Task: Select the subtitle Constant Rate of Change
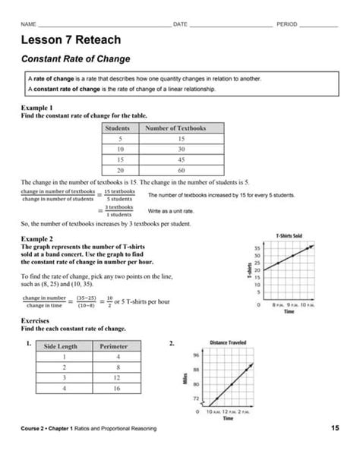pyautogui.click(x=75, y=58)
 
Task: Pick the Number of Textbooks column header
pyautogui.click(x=181, y=129)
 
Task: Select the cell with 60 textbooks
pyautogui.click(x=181, y=172)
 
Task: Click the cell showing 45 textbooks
pyautogui.click(x=181, y=161)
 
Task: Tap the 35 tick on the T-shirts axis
pyautogui.click(x=258, y=247)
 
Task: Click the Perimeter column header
pyautogui.click(x=114, y=346)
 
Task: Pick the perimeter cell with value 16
pyautogui.click(x=114, y=389)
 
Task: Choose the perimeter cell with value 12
pyautogui.click(x=114, y=378)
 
